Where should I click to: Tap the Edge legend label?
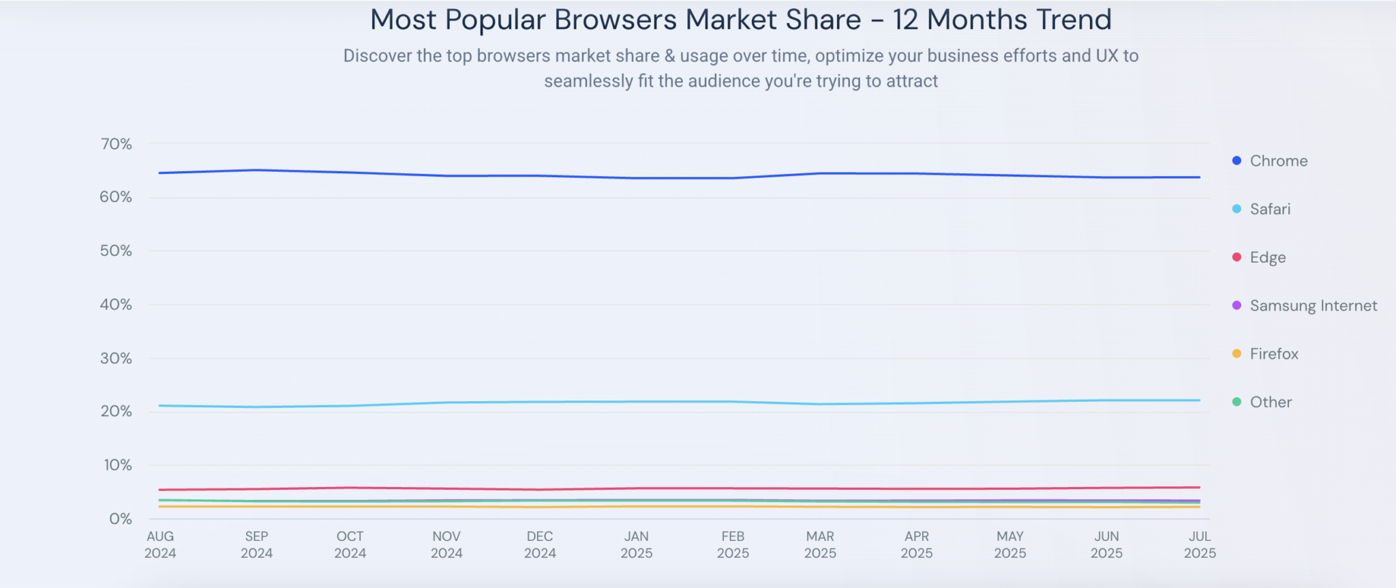[1268, 258]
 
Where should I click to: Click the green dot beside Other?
[1236, 402]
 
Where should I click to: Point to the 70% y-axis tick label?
[116, 144]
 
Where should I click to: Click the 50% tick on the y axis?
[116, 250]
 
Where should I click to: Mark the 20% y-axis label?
[116, 411]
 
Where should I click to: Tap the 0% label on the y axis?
[120, 519]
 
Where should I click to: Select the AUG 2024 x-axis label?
[160, 544]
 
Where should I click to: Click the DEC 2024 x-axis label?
[540, 544]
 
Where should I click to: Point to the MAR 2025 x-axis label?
[820, 544]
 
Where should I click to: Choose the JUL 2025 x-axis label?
[1200, 544]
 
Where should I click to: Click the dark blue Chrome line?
[446, 176]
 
